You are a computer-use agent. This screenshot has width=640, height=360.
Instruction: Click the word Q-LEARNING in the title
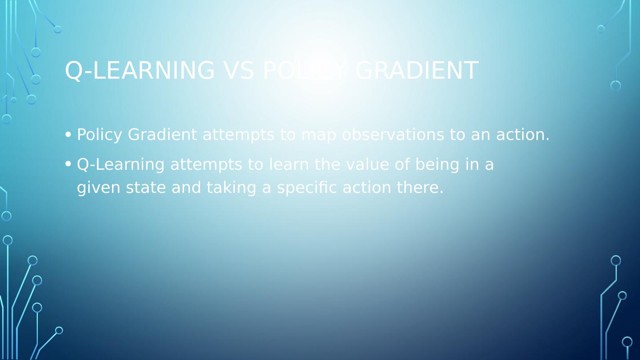click(140, 71)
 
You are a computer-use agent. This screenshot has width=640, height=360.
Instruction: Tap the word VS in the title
click(239, 71)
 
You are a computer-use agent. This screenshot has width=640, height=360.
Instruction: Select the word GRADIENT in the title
click(416, 71)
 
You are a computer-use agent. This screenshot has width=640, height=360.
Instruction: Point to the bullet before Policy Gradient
click(68, 134)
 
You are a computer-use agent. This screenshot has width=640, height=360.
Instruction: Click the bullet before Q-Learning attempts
click(68, 164)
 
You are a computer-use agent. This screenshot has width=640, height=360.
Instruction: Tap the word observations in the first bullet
click(393, 135)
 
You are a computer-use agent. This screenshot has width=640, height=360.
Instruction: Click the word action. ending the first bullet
click(523, 135)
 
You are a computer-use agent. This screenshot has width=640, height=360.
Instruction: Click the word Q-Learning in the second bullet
click(120, 165)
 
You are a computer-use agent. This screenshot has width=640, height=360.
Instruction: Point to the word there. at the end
click(420, 188)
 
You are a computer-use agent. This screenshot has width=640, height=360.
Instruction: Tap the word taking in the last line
click(232, 188)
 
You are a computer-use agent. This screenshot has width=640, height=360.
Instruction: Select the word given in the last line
click(99, 188)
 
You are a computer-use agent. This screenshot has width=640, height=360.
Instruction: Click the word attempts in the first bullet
click(238, 135)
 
